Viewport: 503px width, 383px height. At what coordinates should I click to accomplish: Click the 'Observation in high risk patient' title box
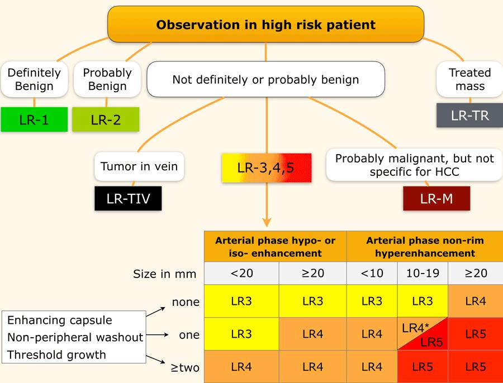tap(265, 25)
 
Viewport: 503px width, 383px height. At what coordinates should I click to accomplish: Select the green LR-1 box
tap(34, 119)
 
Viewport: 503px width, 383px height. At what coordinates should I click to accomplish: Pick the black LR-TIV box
tap(127, 198)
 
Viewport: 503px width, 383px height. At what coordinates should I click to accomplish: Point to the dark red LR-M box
tap(436, 198)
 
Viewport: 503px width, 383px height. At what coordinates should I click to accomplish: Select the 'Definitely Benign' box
tap(34, 79)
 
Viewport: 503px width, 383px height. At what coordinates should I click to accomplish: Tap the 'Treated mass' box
tap(470, 79)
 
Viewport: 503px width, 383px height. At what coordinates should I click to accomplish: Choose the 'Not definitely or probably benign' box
tap(265, 79)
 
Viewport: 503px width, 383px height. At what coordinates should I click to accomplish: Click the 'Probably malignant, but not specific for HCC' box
tap(414, 165)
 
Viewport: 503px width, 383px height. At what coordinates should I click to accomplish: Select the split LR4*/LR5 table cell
tap(422, 334)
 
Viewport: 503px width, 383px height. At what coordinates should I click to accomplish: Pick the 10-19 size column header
tap(422, 274)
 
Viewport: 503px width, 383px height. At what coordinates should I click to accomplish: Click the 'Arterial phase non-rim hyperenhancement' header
tap(425, 246)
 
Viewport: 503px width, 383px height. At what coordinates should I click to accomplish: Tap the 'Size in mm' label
tap(165, 274)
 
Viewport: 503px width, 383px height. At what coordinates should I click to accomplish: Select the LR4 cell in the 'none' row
tap(474, 301)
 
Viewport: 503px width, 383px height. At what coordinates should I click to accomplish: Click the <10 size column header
tap(372, 274)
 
